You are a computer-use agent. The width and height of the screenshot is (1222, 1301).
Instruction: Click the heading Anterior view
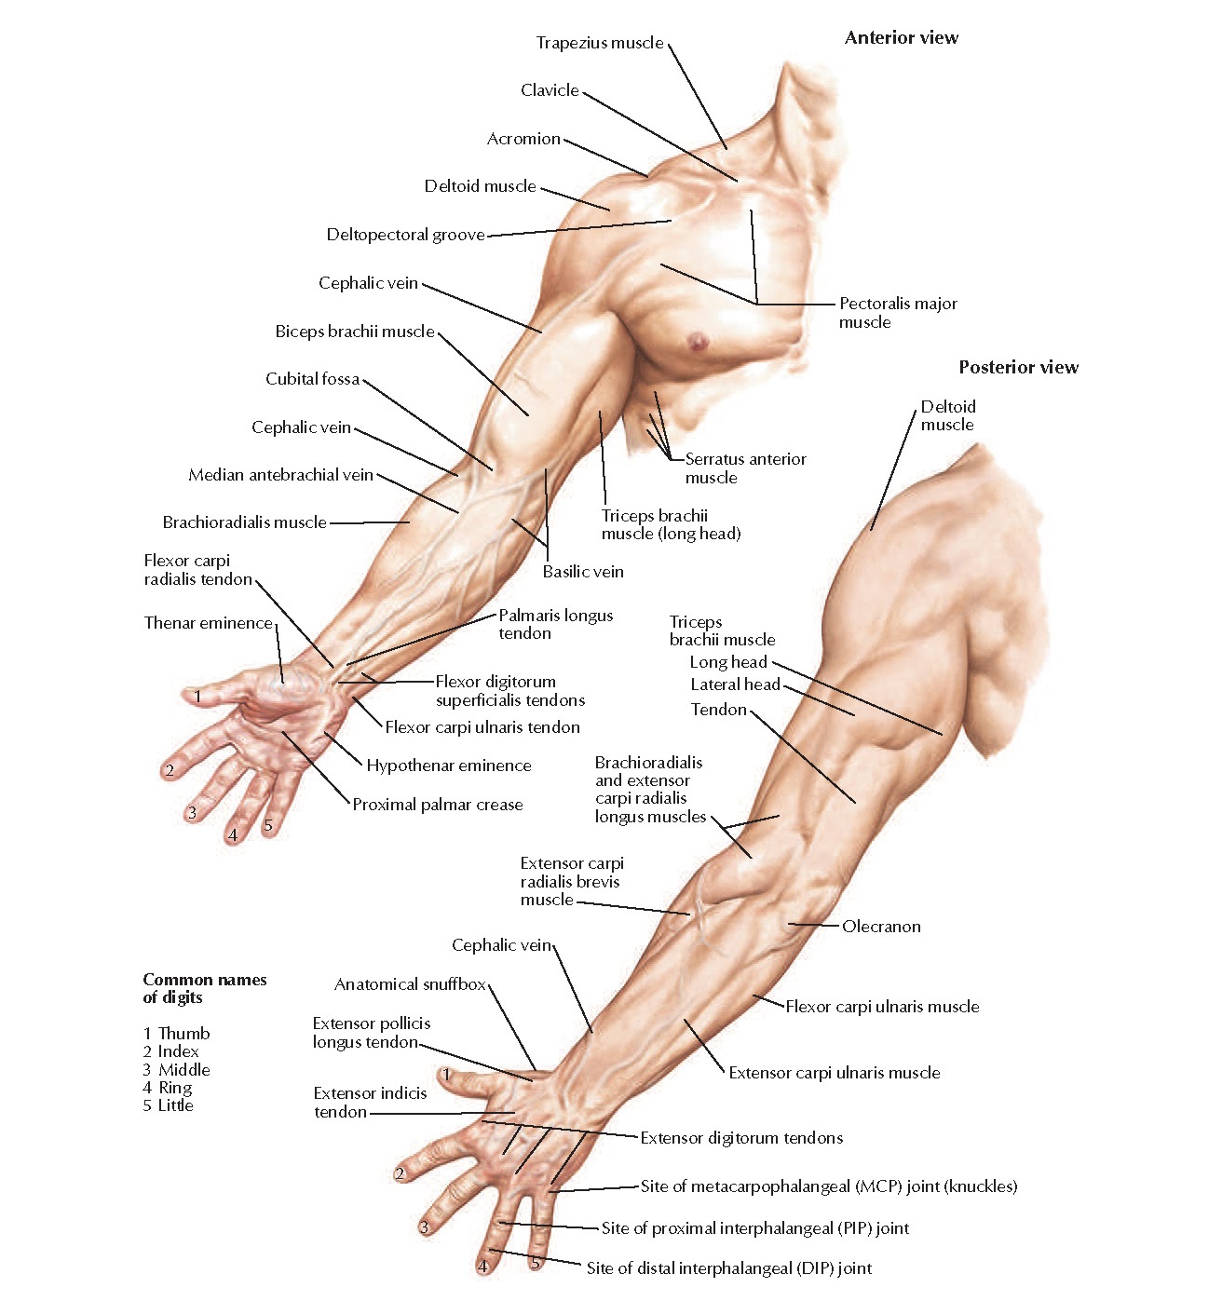(x=901, y=38)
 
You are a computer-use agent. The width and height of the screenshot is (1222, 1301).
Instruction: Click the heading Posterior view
(x=1018, y=368)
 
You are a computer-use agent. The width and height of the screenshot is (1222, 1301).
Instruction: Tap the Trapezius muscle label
(x=600, y=43)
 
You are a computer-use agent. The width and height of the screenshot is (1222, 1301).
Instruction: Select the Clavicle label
(x=550, y=90)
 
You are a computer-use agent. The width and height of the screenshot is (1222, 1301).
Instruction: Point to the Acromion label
(x=523, y=139)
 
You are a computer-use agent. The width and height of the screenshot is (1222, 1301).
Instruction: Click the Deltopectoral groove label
(x=405, y=235)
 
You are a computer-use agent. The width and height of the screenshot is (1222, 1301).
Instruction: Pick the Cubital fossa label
(x=312, y=379)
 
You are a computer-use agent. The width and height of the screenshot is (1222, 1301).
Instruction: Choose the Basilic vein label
(x=583, y=572)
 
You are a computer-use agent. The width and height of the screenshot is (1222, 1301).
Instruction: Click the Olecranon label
(x=881, y=927)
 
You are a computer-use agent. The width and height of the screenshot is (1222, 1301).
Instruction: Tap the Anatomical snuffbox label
(x=410, y=984)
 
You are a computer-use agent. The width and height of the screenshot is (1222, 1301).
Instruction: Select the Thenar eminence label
(x=208, y=623)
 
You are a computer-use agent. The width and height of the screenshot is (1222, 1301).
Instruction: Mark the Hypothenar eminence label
(x=448, y=766)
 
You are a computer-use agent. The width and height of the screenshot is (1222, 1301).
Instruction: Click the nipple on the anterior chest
(x=697, y=342)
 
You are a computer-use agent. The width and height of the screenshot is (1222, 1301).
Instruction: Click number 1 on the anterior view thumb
(x=197, y=695)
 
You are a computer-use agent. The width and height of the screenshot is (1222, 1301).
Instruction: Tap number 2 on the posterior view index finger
(x=400, y=1173)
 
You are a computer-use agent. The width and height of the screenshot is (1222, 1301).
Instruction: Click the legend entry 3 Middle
(x=176, y=1070)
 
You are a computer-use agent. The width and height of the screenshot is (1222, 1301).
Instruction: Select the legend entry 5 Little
(x=168, y=1105)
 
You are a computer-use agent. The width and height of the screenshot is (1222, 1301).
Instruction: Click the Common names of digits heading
(x=204, y=988)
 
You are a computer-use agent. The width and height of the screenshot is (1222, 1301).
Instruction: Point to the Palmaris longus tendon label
(x=555, y=624)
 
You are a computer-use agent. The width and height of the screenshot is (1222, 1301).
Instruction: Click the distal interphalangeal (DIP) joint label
(x=728, y=1268)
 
